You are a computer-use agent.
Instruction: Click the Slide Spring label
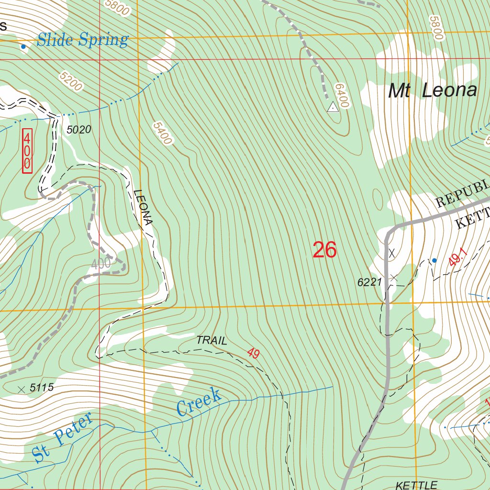point(82,40)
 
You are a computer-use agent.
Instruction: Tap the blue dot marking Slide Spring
point(23,46)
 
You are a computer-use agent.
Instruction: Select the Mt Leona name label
point(432,90)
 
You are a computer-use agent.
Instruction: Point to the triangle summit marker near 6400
point(333,108)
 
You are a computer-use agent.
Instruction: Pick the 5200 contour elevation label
point(71,81)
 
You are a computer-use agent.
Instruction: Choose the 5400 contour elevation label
point(162,133)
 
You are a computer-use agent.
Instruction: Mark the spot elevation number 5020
point(79,129)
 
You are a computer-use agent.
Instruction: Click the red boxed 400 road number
point(27,150)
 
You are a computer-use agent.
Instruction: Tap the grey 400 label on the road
point(100,263)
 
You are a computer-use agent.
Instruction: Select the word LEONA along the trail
point(144,208)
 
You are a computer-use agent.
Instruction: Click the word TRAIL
point(212,341)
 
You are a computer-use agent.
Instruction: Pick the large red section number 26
point(324,250)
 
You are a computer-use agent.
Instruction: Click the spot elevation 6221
point(369,282)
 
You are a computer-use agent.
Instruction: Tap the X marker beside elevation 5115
point(21,390)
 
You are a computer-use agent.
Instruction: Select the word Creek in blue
point(199,402)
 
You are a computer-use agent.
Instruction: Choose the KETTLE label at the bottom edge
point(416,485)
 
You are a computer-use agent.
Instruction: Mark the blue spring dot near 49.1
point(434,260)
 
